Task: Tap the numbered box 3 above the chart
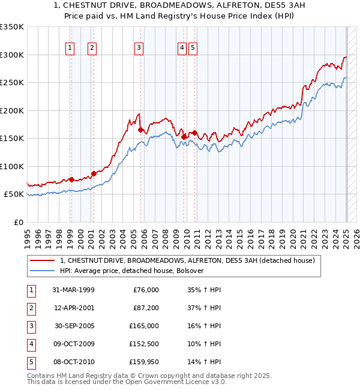(139, 49)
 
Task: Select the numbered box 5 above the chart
(193, 49)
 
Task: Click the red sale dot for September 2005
(140, 130)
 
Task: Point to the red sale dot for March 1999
(71, 179)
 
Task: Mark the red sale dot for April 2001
(94, 173)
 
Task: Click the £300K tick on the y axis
(12, 55)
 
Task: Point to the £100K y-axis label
(12, 167)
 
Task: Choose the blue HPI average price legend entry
(132, 271)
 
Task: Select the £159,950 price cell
(145, 362)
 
